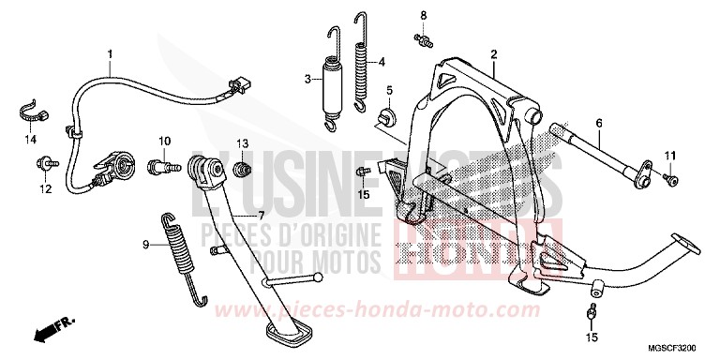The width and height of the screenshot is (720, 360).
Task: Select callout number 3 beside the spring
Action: coord(307,79)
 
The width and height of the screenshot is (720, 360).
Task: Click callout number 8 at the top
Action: coord(423,16)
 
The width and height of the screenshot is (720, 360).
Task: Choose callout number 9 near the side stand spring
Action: coord(146,245)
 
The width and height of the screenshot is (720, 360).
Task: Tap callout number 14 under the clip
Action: coord(29,140)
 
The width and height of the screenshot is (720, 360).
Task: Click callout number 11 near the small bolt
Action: coord(670,155)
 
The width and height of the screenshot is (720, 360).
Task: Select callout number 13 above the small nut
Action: coord(241,142)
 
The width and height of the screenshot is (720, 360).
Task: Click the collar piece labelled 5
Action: coord(384,119)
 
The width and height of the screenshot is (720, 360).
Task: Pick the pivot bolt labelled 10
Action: coord(162,166)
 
